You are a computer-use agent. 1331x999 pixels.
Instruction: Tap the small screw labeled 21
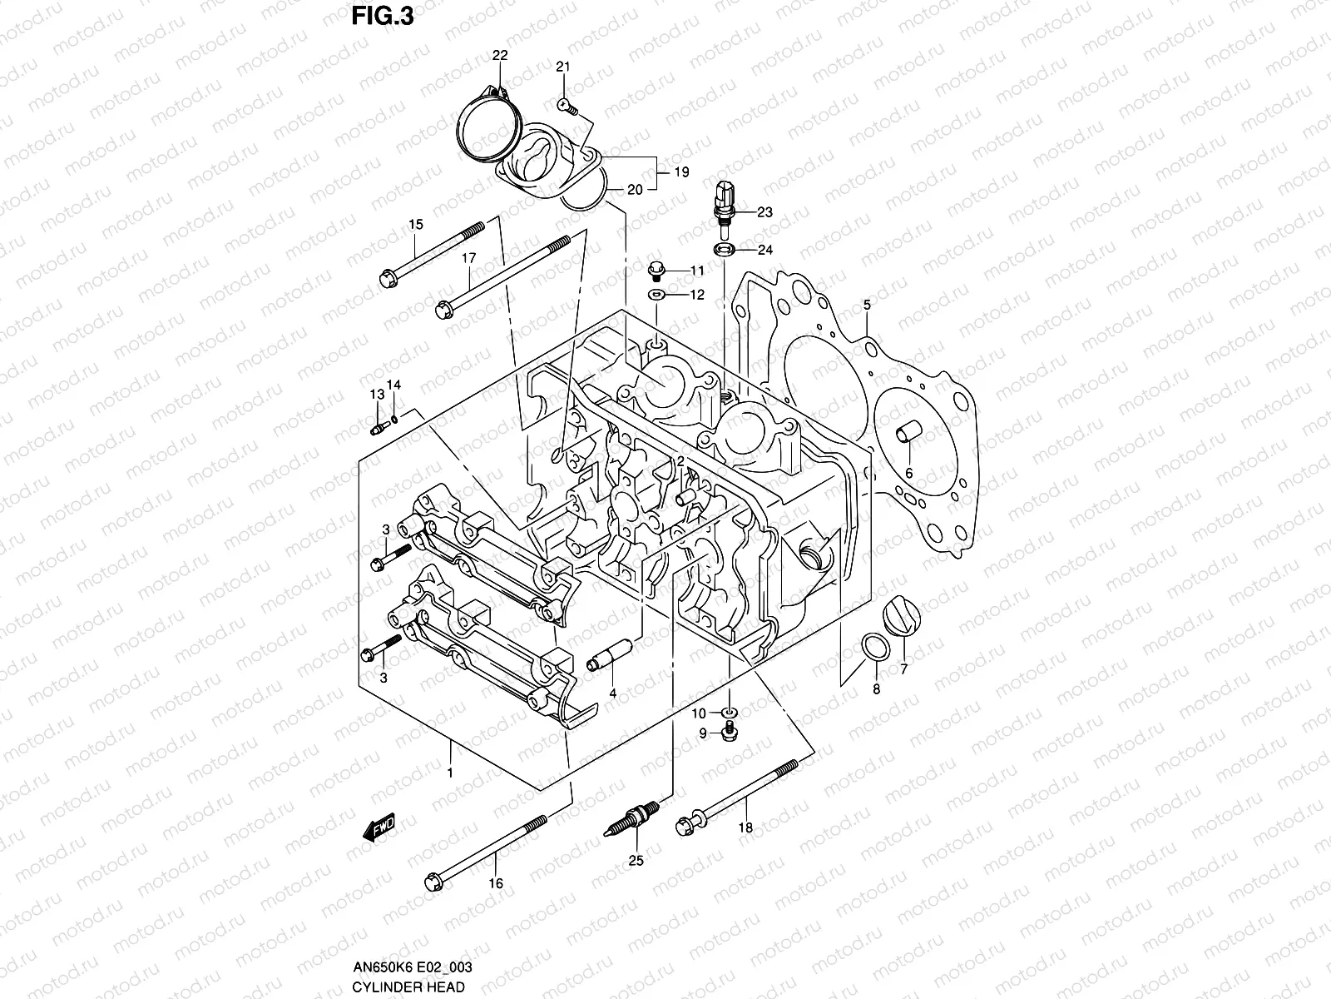coord(566,105)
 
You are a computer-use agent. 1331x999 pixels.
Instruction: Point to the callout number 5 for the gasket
coord(866,305)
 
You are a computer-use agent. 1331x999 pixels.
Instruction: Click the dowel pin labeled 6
coord(904,435)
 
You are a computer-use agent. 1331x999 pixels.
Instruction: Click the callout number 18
coord(745,828)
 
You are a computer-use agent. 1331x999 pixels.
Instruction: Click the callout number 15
coord(416,224)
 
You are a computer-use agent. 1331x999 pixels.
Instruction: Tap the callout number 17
coord(468,259)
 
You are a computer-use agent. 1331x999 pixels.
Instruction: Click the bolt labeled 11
coord(656,271)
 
